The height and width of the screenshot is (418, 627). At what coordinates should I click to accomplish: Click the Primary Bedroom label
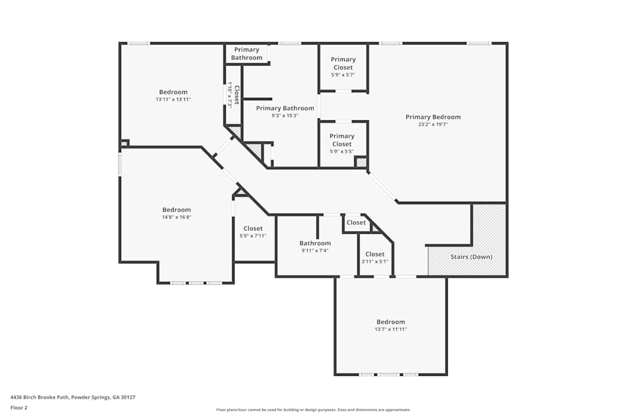[433, 117]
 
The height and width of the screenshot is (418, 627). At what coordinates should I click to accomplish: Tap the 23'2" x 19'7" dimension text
[433, 125]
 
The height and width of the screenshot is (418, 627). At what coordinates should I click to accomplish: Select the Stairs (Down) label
[471, 257]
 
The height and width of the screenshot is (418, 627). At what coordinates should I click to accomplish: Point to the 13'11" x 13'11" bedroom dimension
[173, 100]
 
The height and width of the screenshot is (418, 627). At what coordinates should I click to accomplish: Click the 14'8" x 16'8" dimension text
[176, 217]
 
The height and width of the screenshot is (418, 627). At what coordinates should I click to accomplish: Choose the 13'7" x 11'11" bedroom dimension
[391, 329]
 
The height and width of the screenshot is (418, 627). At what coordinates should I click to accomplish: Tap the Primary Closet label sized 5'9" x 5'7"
[343, 63]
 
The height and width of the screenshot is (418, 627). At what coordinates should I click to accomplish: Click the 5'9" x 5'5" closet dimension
[342, 151]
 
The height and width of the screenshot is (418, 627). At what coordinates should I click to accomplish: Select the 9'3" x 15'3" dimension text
[285, 115]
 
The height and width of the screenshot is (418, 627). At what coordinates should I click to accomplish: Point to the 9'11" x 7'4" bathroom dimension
[315, 251]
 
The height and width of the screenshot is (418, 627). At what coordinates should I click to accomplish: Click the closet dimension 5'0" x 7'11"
[253, 236]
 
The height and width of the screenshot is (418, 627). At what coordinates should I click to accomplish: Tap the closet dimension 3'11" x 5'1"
[375, 261]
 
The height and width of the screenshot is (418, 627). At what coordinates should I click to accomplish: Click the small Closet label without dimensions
[356, 222]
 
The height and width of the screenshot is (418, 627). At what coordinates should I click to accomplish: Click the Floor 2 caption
[19, 407]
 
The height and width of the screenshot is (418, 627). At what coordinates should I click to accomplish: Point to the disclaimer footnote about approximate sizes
[313, 410]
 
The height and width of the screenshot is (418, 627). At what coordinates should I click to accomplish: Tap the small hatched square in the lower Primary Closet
[361, 162]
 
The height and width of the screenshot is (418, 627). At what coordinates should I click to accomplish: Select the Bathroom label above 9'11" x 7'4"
[315, 243]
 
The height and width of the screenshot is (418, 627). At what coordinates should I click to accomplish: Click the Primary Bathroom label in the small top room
[246, 54]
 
